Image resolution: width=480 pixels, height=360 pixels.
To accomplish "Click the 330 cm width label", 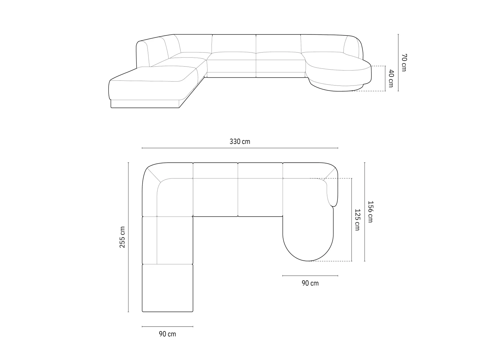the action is [x=240, y=142].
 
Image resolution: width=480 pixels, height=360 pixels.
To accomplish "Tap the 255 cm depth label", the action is [x=122, y=237].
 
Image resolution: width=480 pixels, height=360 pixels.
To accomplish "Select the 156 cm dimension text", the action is [x=370, y=211].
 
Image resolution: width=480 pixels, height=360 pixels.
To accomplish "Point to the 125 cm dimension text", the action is [x=357, y=220].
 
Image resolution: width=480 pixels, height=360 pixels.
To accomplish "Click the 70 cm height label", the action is [x=404, y=62].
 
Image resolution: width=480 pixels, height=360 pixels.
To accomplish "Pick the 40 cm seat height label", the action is [x=391, y=79].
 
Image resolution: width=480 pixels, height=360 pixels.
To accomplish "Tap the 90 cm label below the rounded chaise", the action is [x=310, y=283].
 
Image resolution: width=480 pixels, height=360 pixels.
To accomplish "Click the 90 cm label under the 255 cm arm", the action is [x=167, y=334].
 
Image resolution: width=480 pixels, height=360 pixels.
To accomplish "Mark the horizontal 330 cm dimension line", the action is [x=240, y=148].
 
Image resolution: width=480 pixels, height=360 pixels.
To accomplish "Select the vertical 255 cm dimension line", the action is [x=128, y=237].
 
